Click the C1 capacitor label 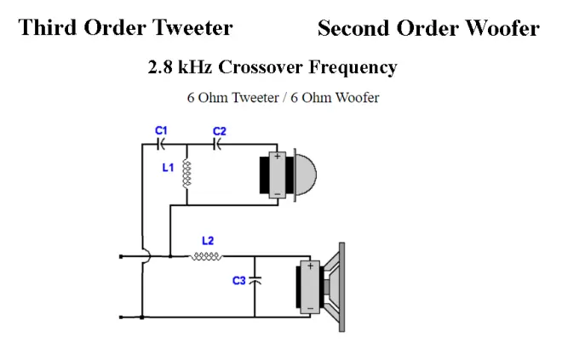click(x=161, y=130)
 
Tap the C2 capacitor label click(x=220, y=131)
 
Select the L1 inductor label click(x=168, y=168)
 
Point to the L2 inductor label click(x=208, y=241)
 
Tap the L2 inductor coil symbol click(x=208, y=255)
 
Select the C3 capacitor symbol click(x=255, y=279)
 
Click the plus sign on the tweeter click(x=277, y=157)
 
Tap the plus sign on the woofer click(x=310, y=266)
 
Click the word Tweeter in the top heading click(x=191, y=28)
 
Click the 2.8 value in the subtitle click(x=161, y=67)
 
